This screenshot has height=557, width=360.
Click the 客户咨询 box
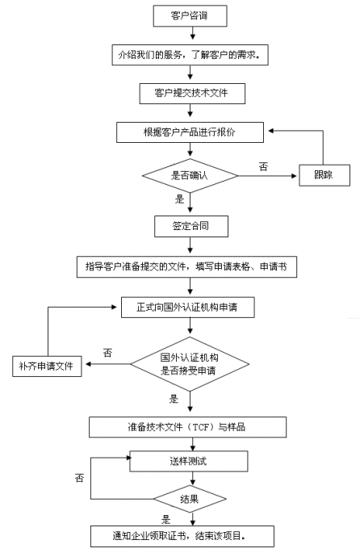point(190,15)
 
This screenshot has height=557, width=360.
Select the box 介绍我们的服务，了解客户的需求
point(190,55)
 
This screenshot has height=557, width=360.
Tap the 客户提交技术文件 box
point(192,94)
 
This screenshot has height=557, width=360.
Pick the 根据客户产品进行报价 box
point(190,132)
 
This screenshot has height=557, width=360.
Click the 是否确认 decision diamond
point(190,175)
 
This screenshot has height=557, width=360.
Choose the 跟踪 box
point(324,175)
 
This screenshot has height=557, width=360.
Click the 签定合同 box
point(191,226)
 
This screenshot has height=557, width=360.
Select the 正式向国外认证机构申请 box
point(188,308)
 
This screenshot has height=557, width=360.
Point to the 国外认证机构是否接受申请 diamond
point(190,364)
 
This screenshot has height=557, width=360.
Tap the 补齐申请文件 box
point(47,366)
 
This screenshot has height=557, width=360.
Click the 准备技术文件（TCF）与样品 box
point(187,427)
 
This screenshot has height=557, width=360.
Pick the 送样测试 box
point(189,461)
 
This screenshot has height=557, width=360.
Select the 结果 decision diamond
point(190,499)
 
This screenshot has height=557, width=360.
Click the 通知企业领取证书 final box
point(182,536)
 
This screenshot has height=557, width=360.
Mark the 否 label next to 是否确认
point(263,166)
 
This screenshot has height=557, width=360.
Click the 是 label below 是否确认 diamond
point(180,199)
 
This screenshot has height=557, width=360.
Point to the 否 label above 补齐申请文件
point(107,353)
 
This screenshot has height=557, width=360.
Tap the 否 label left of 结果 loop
point(80,478)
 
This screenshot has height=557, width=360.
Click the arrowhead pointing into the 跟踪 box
point(294,176)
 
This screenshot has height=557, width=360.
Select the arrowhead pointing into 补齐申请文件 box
point(89,364)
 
